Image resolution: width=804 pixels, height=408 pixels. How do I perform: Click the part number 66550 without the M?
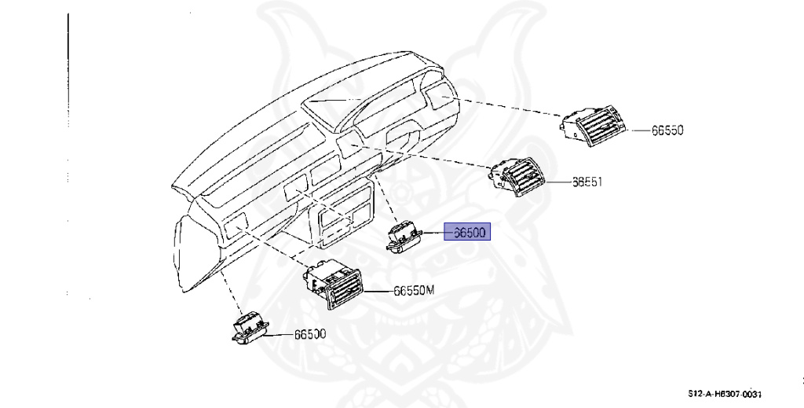tap(667, 130)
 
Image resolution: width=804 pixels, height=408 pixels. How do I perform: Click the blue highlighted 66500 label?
tap(468, 233)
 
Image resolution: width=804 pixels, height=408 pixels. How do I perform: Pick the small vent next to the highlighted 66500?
tap(403, 236)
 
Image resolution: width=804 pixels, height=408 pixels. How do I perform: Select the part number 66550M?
tap(413, 291)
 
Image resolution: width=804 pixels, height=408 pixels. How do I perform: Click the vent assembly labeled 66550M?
tap(335, 286)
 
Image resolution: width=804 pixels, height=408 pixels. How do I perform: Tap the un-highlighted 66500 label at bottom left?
tap(310, 334)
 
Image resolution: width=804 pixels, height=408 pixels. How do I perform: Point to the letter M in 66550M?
tap(429, 291)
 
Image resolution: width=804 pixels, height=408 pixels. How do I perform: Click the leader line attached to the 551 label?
tap(558, 182)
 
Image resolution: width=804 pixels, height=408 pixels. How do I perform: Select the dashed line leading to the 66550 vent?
tap(510, 108)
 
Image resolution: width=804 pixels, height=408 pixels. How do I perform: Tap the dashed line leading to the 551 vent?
tap(424, 156)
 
